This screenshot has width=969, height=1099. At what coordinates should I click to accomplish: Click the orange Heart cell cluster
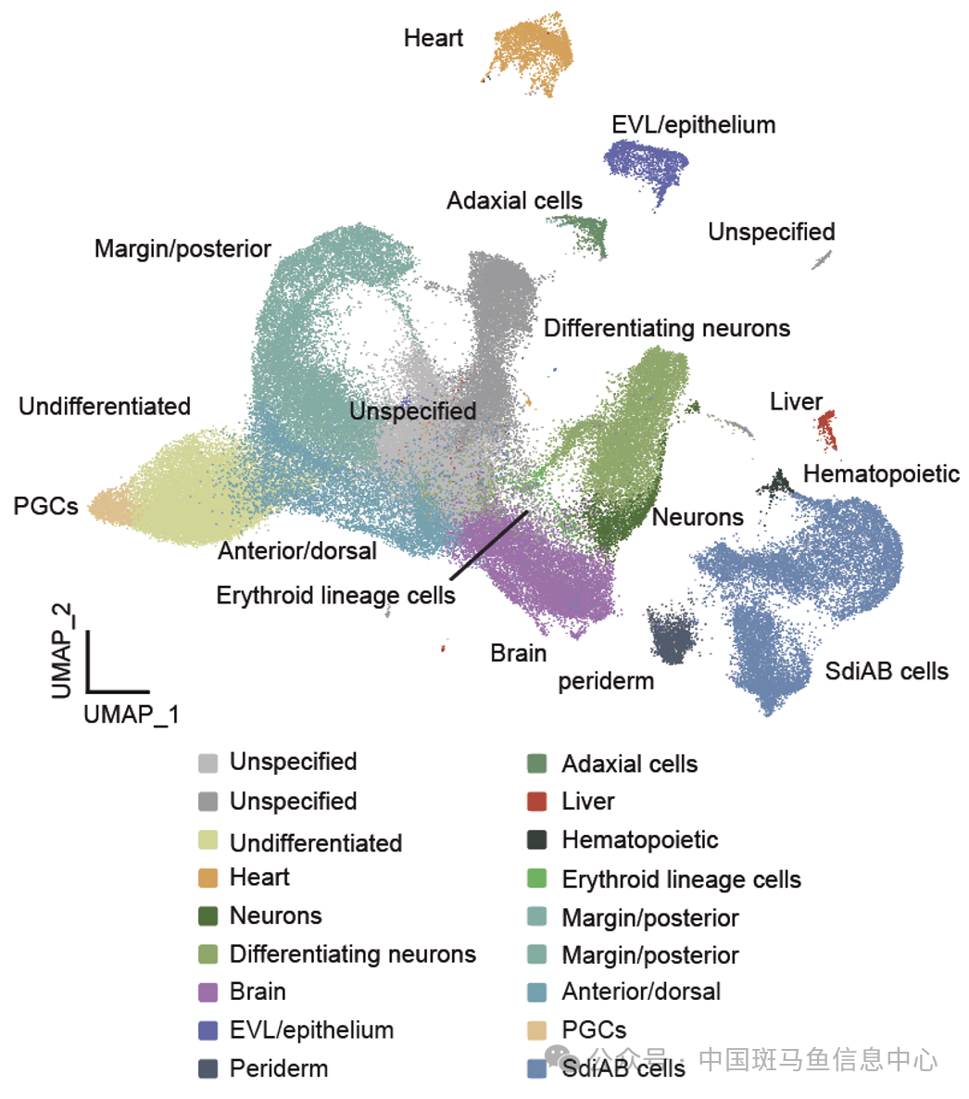tap(534, 53)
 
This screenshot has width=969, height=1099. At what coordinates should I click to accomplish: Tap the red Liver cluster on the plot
tap(826, 430)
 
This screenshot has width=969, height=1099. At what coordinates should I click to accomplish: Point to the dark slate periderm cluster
tap(673, 635)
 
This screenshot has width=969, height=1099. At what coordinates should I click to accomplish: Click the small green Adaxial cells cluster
tap(583, 234)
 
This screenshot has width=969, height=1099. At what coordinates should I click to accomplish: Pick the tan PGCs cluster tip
tap(109, 507)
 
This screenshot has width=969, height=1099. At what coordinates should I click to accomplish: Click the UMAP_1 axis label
tap(132, 714)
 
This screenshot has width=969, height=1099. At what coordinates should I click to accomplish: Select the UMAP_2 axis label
tap(62, 651)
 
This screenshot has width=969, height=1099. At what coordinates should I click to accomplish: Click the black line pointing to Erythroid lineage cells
tap(489, 545)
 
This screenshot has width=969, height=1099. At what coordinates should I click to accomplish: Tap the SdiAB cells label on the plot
tap(887, 671)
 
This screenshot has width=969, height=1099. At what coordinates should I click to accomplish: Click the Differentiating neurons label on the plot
tap(667, 328)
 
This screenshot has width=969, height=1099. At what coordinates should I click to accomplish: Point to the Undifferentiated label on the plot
tap(105, 406)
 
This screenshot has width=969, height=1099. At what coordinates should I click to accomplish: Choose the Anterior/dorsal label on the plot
tap(297, 551)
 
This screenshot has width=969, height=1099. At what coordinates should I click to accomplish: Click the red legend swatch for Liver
tap(536, 802)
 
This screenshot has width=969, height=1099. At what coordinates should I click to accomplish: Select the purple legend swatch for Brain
tap(208, 992)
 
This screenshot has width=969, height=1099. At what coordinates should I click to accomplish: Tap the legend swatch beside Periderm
tap(208, 1068)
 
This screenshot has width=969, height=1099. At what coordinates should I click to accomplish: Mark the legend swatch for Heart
tap(208, 878)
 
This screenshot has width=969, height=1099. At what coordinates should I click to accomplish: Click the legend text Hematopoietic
tap(640, 840)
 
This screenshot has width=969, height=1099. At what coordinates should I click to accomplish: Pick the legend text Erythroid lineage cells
tap(681, 879)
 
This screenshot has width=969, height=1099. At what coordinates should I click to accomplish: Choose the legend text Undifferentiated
tap(316, 842)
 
